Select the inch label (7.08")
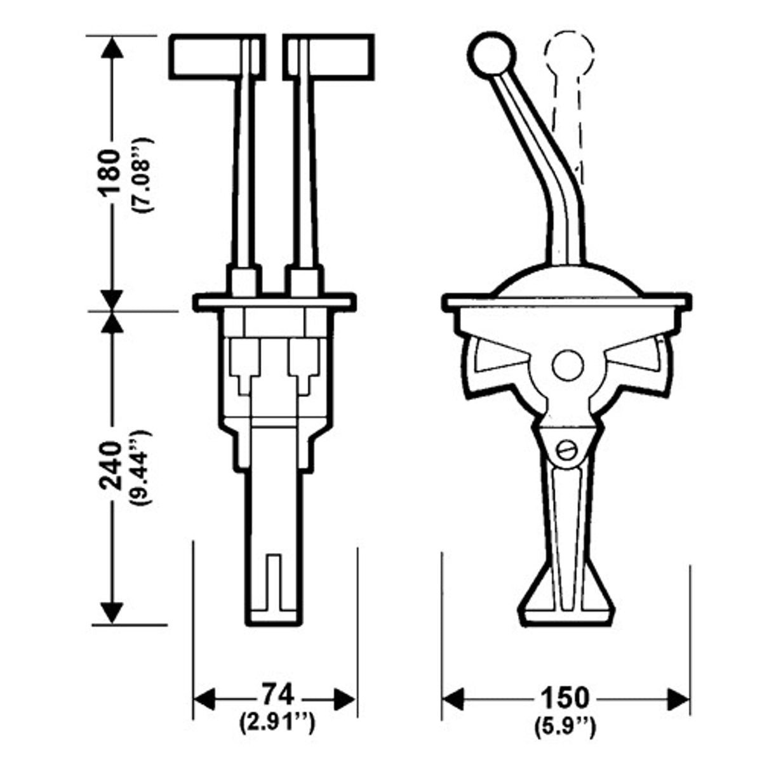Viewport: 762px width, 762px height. point(141,173)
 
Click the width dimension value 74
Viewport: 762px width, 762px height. point(277,695)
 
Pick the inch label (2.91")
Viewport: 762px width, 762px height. point(277,722)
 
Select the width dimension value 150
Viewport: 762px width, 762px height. point(565,698)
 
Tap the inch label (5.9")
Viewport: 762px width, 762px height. point(565,723)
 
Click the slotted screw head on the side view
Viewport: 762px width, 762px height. point(566,450)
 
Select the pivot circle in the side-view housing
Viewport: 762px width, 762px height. point(568,366)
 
